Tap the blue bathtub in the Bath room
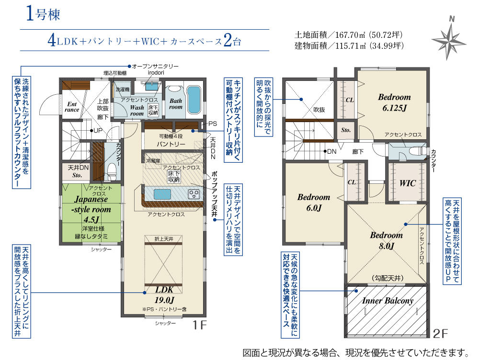[x=193, y=100]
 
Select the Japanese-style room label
[x=91, y=210]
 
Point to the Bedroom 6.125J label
[x=394, y=102]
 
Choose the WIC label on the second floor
[x=408, y=183]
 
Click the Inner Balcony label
[x=388, y=301]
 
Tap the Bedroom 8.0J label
[x=387, y=240]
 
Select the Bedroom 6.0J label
[x=314, y=202]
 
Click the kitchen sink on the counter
[x=162, y=194]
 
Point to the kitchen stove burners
[x=194, y=193]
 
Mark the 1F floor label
[x=199, y=325]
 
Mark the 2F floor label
[x=440, y=334]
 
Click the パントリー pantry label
[x=171, y=144]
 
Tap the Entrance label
[x=72, y=107]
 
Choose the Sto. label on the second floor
[x=346, y=130]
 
